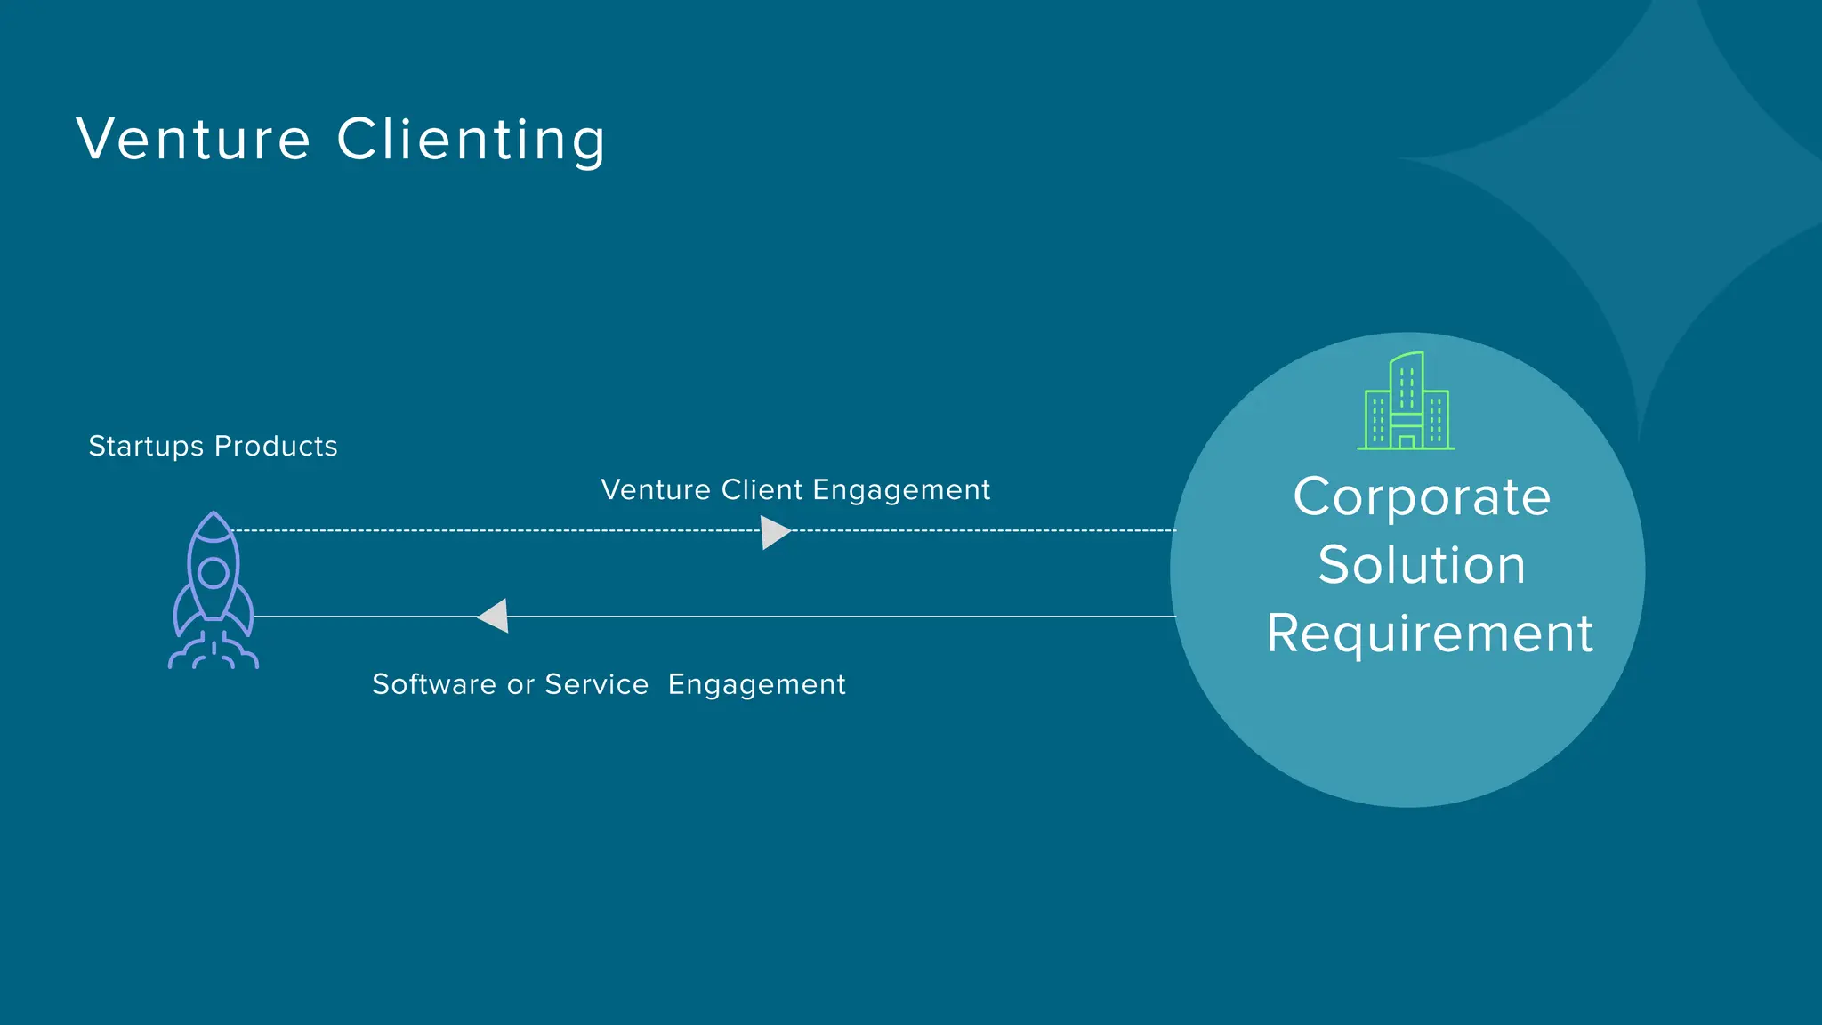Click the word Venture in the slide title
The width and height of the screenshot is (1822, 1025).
pos(193,140)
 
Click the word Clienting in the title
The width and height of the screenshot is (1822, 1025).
pos(472,140)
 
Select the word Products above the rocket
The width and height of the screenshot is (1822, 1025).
pos(276,446)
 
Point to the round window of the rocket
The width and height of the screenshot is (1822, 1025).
pos(214,573)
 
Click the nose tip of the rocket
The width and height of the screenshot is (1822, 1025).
pos(214,514)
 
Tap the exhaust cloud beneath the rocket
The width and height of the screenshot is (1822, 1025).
pos(214,655)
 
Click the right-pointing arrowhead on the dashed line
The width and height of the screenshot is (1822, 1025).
pos(775,532)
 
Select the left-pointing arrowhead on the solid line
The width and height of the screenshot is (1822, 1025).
pos(494,616)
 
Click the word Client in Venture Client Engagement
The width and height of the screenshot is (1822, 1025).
pos(762,490)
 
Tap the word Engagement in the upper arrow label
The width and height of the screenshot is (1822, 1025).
pos(900,490)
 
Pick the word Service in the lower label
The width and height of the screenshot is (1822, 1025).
pos(596,684)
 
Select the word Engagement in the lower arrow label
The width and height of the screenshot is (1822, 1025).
pos(756,684)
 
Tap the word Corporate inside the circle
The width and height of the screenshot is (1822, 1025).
pos(1422,497)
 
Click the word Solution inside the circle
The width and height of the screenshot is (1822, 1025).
pos(1422,565)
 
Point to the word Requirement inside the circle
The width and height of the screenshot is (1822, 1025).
pos(1429,634)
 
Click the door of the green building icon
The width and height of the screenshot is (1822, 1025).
pos(1407,441)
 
